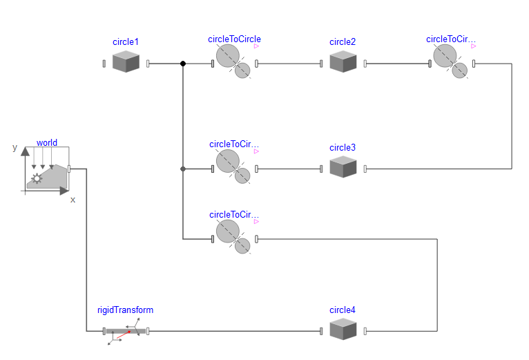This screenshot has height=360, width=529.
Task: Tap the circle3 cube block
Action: pos(343,168)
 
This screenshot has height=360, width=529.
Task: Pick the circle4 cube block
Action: pos(343,330)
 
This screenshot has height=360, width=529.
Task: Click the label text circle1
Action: pos(126,42)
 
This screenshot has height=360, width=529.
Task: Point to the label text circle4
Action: pos(343,310)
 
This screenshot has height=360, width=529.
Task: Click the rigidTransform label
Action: pos(125,310)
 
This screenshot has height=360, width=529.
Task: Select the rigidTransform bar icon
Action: pos(126,332)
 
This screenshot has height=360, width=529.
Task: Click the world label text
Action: pos(47,143)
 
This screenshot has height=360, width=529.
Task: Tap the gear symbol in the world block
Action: pos(37,178)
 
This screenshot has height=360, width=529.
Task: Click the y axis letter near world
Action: pos(15,148)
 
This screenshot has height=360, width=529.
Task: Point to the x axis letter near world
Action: pos(73,200)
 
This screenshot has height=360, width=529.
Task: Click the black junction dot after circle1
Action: pos(183,64)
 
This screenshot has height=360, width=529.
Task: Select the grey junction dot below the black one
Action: pos(183,169)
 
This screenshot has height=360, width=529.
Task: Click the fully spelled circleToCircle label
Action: pos(234,39)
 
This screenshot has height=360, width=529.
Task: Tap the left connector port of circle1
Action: pos(104,64)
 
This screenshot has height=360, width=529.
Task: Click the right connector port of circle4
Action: pos(365,331)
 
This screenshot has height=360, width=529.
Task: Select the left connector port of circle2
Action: pos(321,64)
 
